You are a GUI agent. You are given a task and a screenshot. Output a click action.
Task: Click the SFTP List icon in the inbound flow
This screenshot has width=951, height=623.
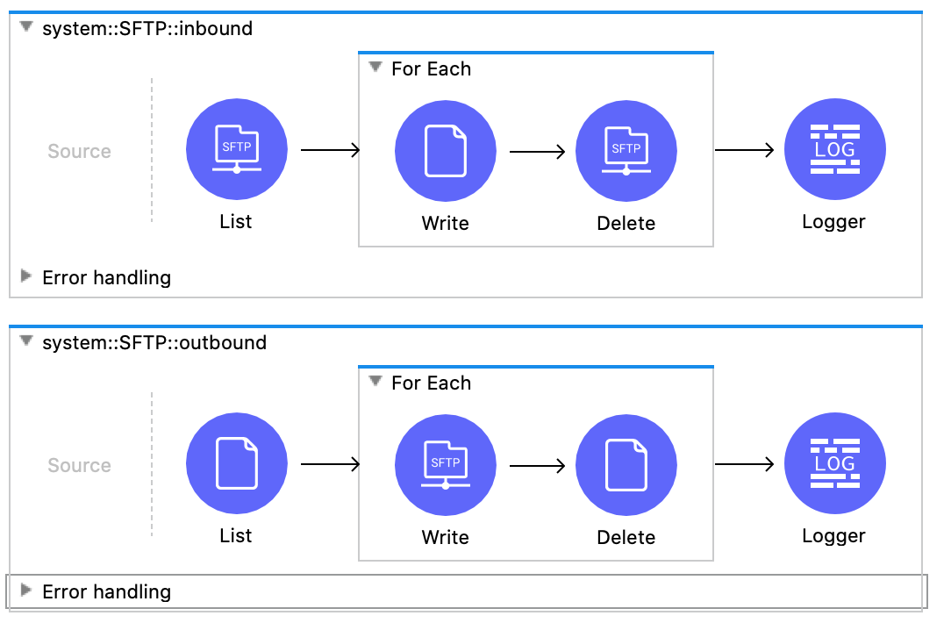(x=237, y=150)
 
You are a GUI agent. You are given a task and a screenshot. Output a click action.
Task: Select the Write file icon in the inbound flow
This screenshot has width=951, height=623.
(x=446, y=151)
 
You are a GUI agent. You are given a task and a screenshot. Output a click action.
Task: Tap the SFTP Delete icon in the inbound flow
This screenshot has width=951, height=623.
(x=626, y=151)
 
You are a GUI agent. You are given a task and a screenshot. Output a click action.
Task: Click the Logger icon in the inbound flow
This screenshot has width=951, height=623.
(x=834, y=150)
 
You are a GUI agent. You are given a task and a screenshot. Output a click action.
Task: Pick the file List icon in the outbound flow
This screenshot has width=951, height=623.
(x=237, y=464)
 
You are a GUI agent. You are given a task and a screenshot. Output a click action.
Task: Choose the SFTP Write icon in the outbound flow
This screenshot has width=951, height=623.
(x=446, y=465)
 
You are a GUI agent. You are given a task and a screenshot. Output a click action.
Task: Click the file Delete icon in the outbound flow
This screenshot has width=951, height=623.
(x=626, y=465)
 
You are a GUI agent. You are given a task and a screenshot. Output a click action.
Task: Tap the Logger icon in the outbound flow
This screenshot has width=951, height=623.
(x=834, y=464)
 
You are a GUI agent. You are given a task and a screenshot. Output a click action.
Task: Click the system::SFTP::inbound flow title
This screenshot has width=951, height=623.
(x=147, y=28)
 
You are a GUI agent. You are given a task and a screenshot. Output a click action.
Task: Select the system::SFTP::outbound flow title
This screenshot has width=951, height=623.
(x=154, y=342)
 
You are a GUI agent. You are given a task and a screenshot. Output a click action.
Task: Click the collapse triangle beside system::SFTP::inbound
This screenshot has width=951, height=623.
(x=26, y=27)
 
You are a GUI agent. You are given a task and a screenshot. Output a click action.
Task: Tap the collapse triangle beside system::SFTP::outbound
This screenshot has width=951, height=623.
(x=26, y=341)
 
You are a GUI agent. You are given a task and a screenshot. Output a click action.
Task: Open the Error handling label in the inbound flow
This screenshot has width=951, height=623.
(x=106, y=277)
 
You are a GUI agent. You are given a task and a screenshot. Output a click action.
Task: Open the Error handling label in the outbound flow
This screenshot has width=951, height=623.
(x=106, y=591)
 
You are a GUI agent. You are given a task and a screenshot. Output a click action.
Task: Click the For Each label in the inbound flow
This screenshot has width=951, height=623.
(x=431, y=68)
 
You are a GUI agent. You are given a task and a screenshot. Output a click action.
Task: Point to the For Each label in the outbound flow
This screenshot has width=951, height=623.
(x=431, y=383)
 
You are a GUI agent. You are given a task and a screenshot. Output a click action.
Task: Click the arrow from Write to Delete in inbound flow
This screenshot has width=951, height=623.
(x=537, y=152)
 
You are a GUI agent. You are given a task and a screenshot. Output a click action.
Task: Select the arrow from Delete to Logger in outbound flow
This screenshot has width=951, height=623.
(x=744, y=464)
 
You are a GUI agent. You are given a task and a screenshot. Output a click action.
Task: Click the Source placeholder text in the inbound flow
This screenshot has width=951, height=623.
(x=79, y=151)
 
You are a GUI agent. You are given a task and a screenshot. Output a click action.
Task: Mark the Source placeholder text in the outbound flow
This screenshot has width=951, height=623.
(x=79, y=465)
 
